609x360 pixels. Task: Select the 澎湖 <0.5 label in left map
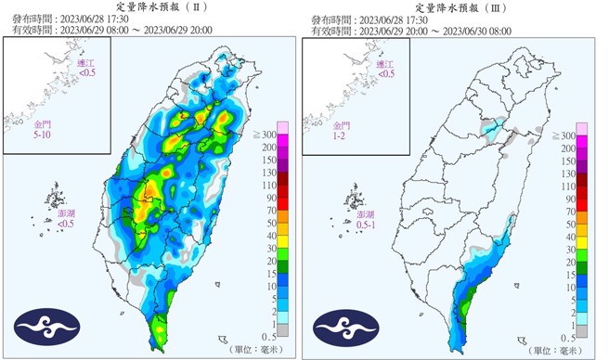(x=66, y=219)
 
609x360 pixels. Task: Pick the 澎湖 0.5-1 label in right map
(x=367, y=219)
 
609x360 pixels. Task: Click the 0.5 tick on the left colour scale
(x=266, y=335)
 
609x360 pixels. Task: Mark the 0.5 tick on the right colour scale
(x=567, y=335)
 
